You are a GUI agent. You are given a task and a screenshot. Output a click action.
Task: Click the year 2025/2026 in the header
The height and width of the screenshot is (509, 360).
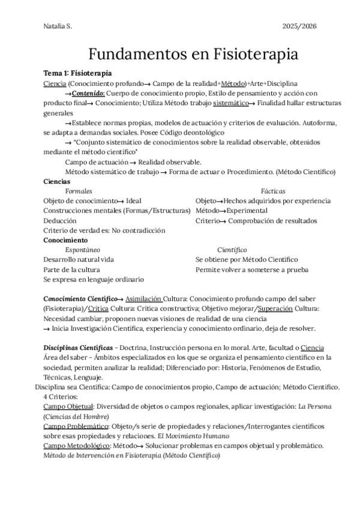click(x=300, y=26)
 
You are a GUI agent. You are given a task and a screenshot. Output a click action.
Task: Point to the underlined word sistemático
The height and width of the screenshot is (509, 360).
click(x=230, y=103)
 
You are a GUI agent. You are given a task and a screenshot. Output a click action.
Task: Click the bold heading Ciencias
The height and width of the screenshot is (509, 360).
click(x=57, y=181)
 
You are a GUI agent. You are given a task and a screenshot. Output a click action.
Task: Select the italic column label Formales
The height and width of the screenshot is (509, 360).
click(x=79, y=191)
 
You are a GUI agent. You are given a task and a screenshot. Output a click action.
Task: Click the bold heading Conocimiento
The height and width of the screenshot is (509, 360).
click(x=65, y=240)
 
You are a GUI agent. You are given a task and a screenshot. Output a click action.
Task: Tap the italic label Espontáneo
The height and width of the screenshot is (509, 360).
click(x=83, y=250)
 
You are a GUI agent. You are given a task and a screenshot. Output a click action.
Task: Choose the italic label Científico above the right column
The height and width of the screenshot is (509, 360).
click(x=232, y=250)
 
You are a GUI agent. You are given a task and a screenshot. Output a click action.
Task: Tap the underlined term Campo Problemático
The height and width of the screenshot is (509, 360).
click(x=76, y=426)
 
